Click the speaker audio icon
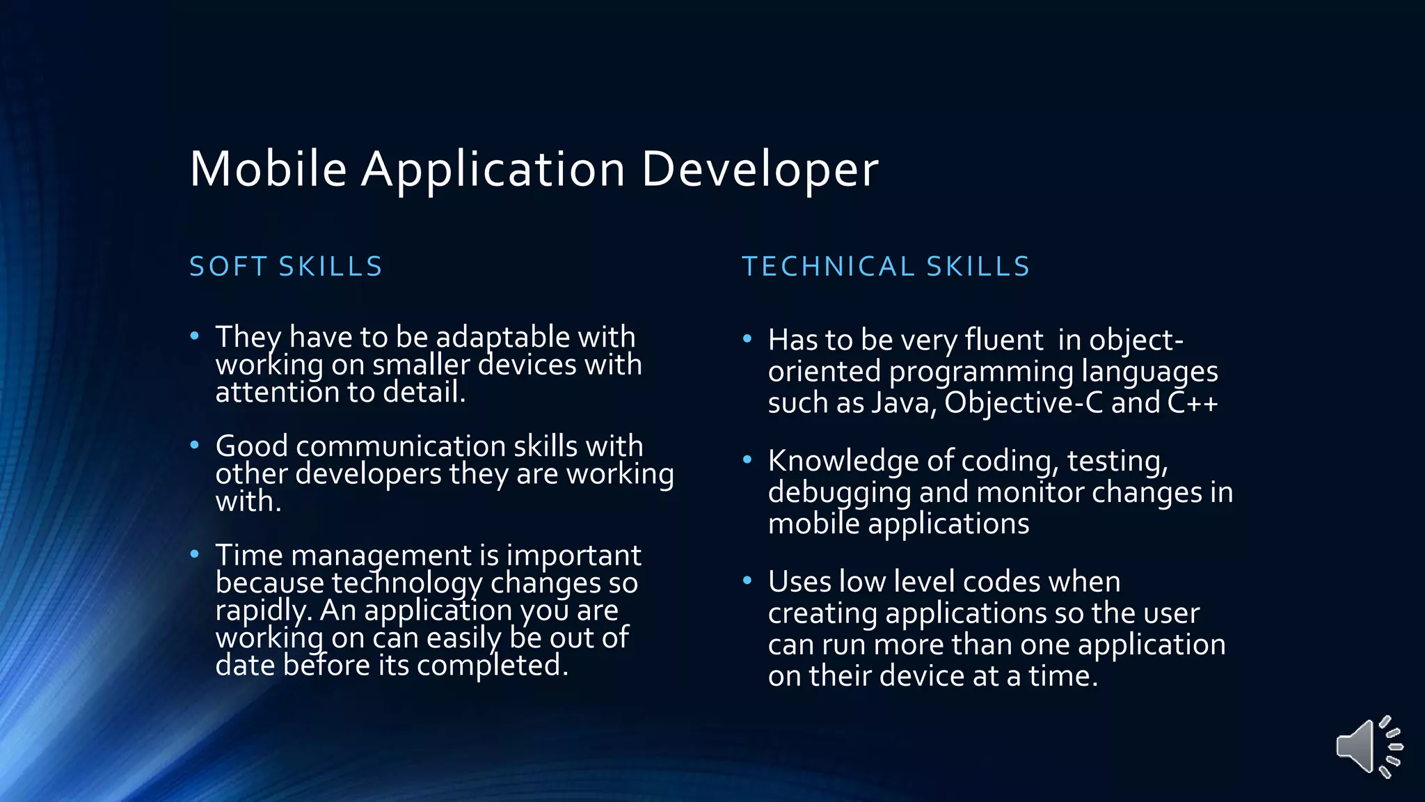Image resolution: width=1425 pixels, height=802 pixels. point(1368,746)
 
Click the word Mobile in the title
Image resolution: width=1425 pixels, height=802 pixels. point(268,169)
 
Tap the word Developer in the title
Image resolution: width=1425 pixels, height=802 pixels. point(759,169)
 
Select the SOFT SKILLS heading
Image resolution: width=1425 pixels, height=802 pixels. point(286,267)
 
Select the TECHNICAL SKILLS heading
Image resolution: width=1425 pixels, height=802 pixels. point(886,267)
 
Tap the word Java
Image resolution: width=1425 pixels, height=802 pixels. point(903,403)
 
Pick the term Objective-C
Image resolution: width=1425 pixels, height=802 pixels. point(1023,403)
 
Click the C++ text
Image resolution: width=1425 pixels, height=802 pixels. point(1193,403)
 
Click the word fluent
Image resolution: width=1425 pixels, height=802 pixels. point(1003,340)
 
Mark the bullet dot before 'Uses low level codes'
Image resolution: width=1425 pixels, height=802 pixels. point(747,581)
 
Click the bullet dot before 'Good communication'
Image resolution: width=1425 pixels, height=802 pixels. point(195,445)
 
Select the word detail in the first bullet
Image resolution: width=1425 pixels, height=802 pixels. point(424,393)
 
